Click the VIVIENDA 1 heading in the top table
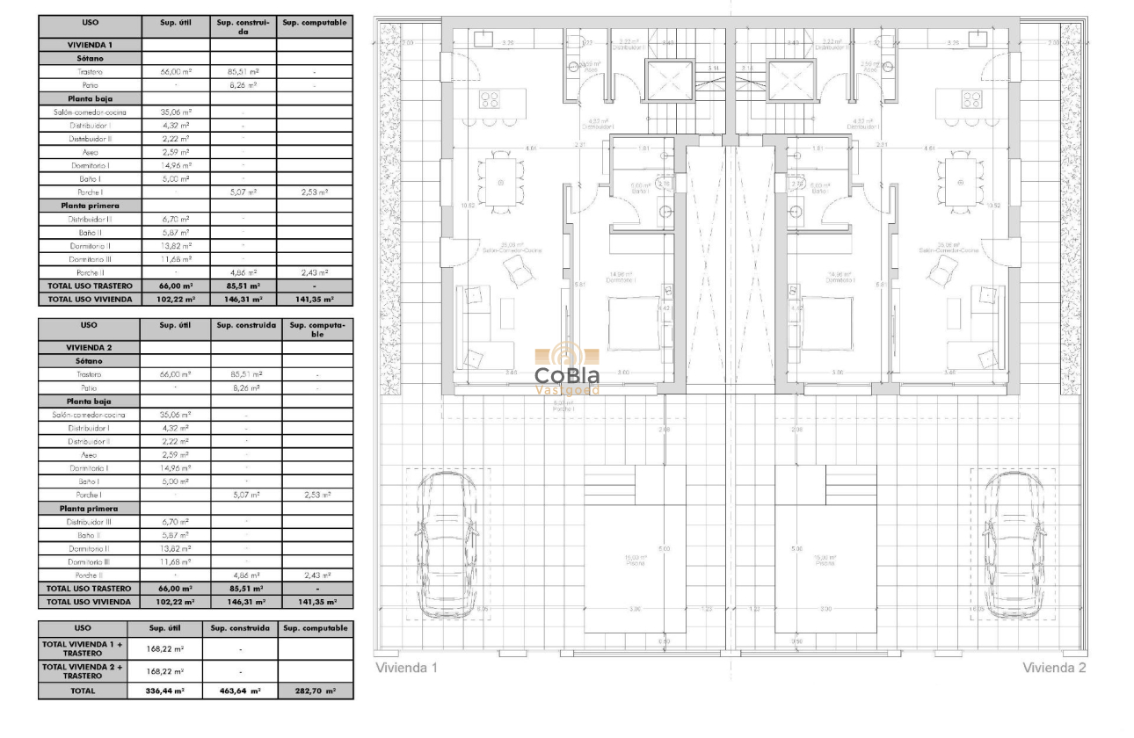[x=89, y=44]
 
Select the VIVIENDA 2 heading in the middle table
[x=89, y=347]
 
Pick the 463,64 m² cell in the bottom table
[x=241, y=691]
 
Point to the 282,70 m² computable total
[x=316, y=691]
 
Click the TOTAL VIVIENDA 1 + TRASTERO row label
[x=83, y=648]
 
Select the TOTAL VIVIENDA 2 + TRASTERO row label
[x=83, y=671]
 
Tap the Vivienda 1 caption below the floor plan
[x=406, y=668]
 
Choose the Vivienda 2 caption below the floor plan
[x=1054, y=668]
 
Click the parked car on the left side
[x=447, y=545]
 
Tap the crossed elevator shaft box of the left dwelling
[x=671, y=81]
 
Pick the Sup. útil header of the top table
[x=175, y=23]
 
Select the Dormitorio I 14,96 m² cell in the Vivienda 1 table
[x=175, y=165]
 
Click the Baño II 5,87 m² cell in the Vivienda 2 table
[x=175, y=534]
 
